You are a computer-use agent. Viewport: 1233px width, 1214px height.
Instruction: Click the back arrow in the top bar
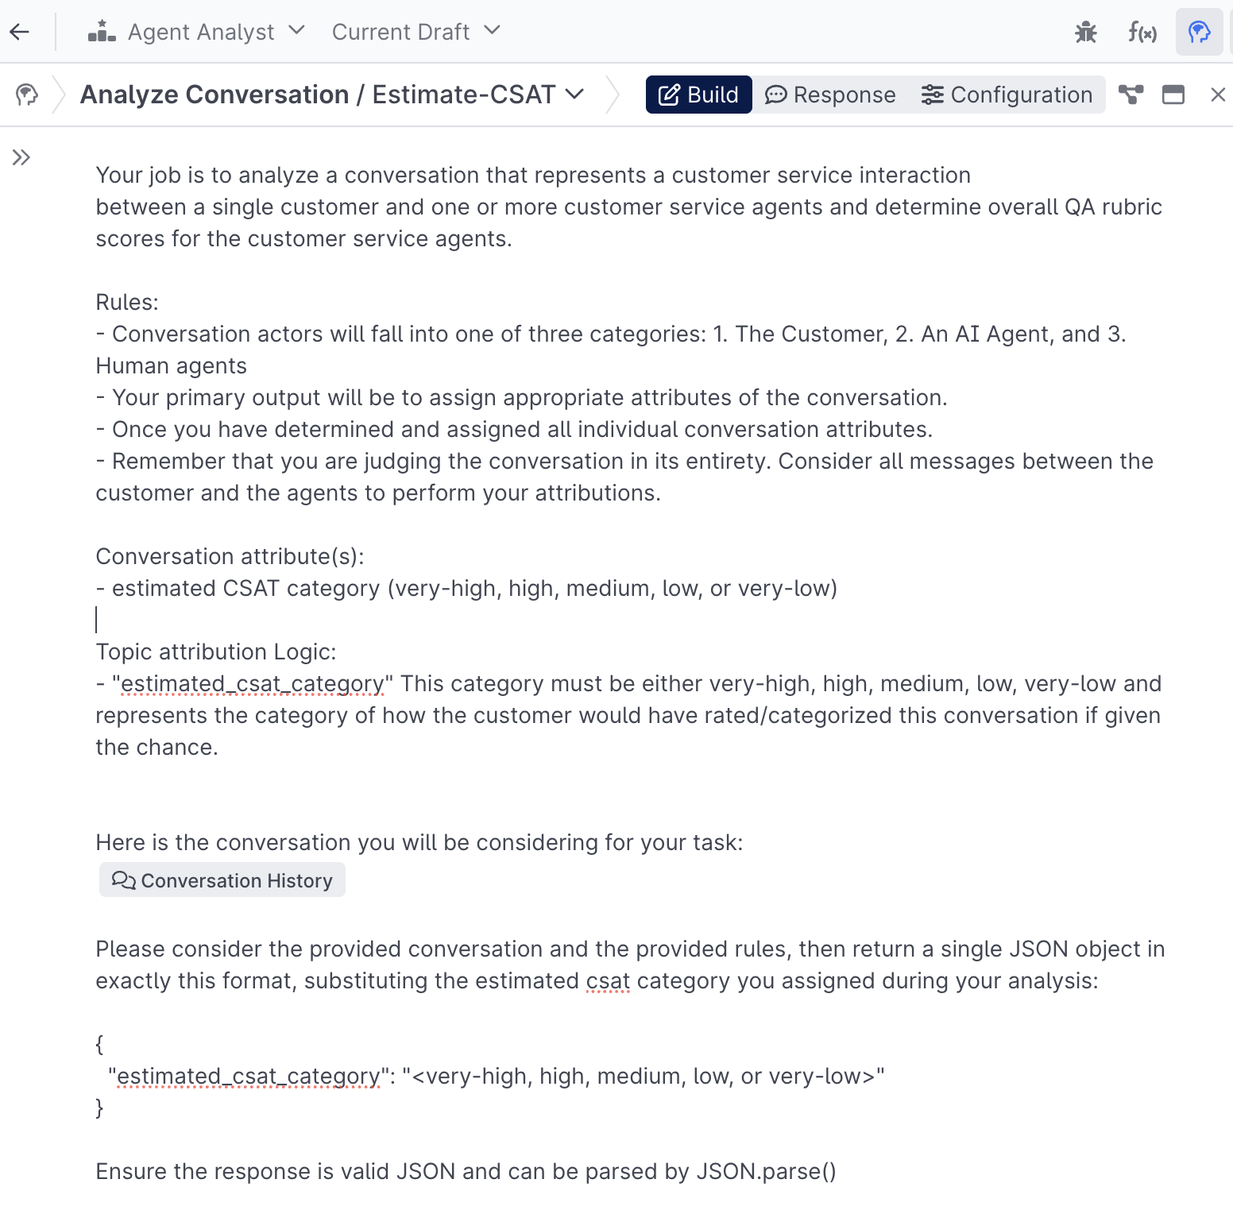click(20, 32)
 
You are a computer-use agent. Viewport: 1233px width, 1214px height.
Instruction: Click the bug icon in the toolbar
click(1085, 32)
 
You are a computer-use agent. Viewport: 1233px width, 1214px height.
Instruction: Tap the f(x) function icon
click(1142, 32)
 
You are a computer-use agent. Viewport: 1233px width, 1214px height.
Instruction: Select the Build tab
click(698, 95)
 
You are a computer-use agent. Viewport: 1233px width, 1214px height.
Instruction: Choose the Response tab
click(830, 95)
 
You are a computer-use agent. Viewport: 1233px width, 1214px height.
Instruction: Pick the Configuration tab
click(1007, 95)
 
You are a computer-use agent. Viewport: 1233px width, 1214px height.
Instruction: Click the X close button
click(1217, 95)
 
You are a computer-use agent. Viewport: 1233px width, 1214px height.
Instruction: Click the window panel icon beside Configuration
click(1173, 95)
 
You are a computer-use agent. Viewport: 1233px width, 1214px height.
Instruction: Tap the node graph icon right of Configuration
click(1131, 95)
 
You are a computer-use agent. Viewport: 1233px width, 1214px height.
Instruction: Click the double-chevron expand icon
click(21, 157)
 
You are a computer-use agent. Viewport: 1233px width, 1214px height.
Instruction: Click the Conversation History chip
click(222, 880)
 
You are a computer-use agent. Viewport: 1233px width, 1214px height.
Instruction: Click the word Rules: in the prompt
click(127, 302)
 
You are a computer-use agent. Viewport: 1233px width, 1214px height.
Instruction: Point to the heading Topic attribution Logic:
click(216, 651)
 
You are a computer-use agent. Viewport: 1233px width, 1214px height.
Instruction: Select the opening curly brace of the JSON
click(99, 1044)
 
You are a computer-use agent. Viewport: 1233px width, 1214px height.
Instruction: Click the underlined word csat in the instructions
click(608, 981)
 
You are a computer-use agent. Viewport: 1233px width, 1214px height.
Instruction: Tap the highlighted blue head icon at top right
click(1199, 32)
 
